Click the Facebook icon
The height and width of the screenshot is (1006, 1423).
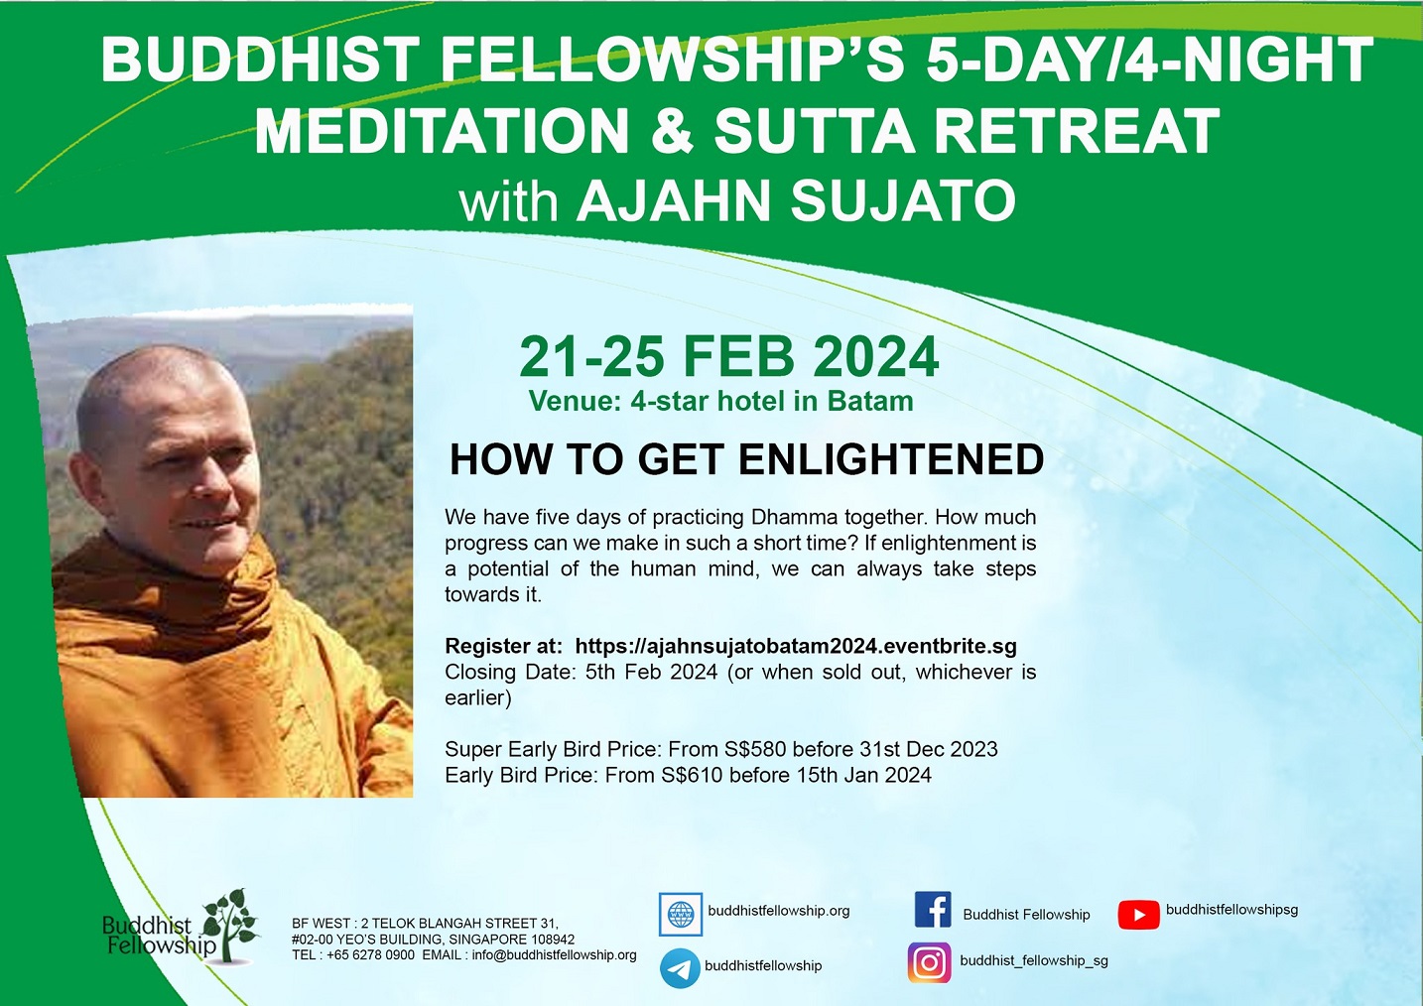point(933,910)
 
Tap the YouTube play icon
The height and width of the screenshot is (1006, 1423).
point(1139,915)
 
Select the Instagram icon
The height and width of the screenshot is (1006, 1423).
point(930,962)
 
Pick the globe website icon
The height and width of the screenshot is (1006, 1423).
point(681,914)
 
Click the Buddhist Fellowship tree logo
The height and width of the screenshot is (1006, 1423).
point(182,927)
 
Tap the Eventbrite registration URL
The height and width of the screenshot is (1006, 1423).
point(796,646)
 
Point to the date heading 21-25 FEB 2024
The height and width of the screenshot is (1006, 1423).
point(728,357)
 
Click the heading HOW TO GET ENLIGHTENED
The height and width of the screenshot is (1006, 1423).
point(746,459)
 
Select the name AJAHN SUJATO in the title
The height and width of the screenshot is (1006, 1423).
point(796,200)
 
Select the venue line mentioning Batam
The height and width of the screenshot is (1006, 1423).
point(721,401)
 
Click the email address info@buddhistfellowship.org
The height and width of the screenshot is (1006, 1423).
point(554,955)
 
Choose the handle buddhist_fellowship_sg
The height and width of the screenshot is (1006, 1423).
point(1034,961)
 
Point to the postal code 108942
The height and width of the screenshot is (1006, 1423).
point(550,940)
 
